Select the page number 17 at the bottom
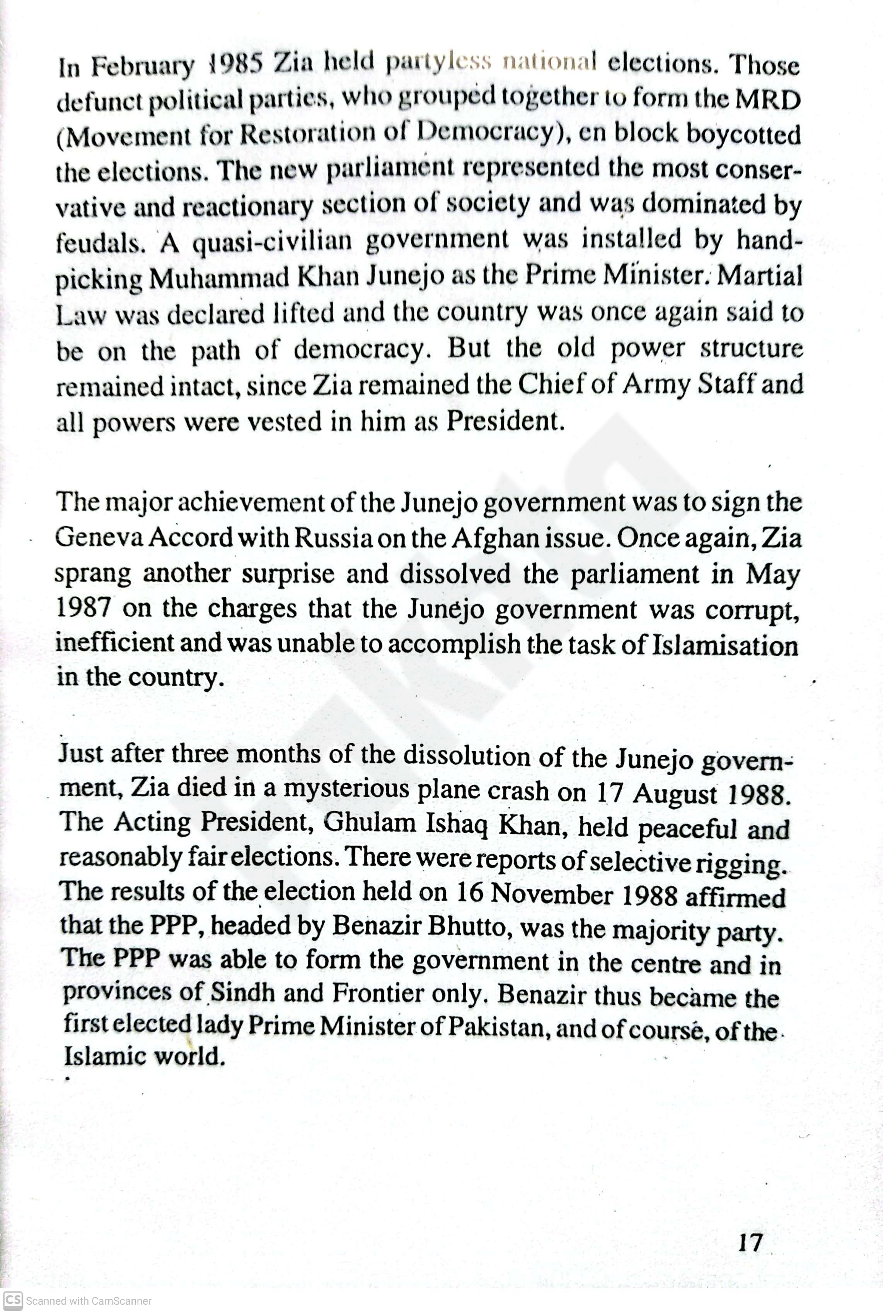pyautogui.click(x=750, y=1242)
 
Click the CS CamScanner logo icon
pyautogui.click(x=12, y=1300)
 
